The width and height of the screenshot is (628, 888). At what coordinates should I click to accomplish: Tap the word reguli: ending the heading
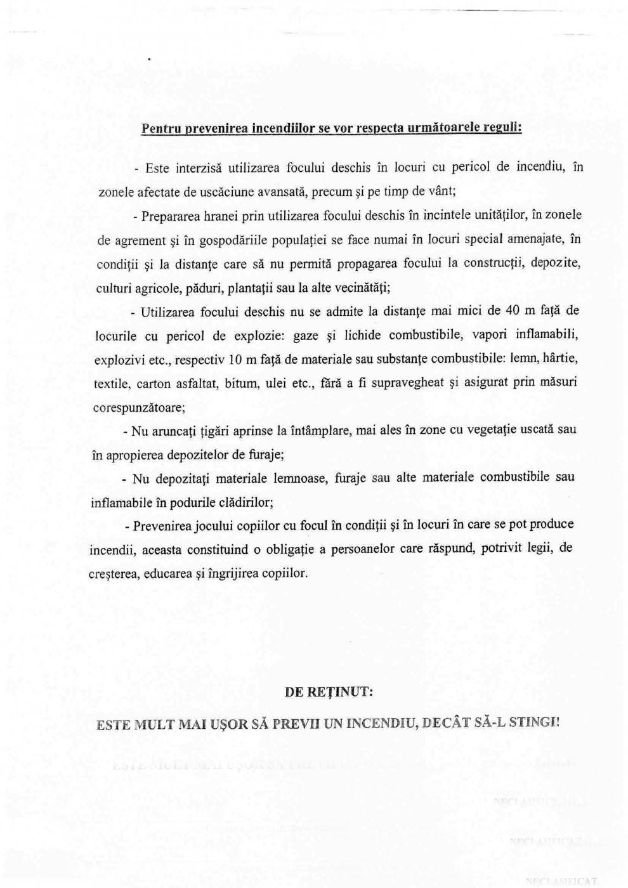[501, 127]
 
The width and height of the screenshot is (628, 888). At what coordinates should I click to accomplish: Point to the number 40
[513, 311]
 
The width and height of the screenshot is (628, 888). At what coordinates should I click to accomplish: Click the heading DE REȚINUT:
[329, 692]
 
